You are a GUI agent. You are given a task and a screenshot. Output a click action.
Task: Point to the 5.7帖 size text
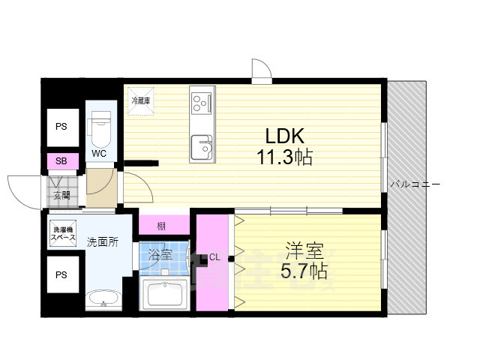click(x=304, y=270)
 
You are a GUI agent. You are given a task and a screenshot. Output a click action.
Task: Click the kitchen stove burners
click(x=202, y=101)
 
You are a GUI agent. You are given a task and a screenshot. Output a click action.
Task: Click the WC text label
click(x=100, y=154)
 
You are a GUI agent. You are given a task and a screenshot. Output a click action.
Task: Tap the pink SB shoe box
click(x=61, y=161)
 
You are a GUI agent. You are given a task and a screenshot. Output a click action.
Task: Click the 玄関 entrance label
click(x=61, y=196)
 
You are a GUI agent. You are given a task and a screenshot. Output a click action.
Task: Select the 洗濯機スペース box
click(x=63, y=234)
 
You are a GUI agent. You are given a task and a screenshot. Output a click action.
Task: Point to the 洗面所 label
click(x=102, y=241)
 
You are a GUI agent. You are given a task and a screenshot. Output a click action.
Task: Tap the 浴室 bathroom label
click(x=160, y=254)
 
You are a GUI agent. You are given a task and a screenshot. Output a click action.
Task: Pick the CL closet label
click(x=214, y=257)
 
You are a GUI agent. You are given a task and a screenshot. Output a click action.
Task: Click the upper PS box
click(x=61, y=127)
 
